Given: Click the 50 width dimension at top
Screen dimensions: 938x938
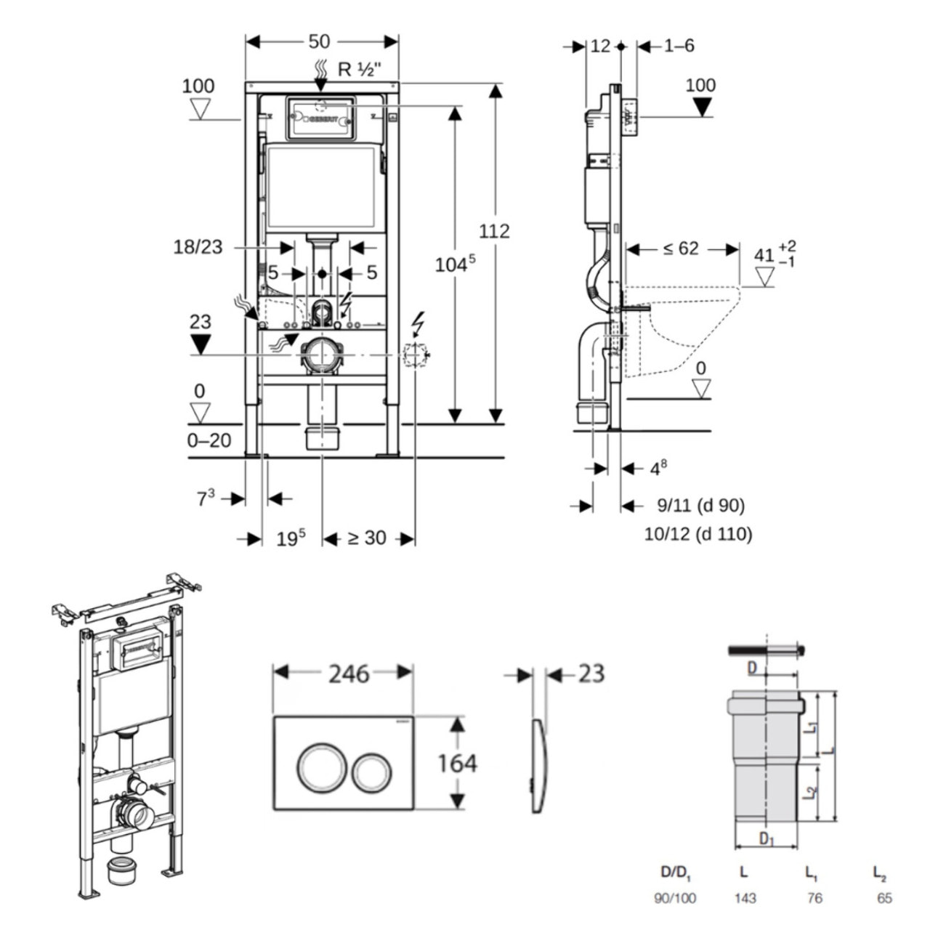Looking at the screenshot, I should (x=319, y=41).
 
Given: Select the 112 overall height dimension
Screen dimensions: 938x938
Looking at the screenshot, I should (x=494, y=231).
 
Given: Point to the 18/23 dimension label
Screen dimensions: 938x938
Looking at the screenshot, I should (x=198, y=247).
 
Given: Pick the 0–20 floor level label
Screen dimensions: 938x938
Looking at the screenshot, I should (x=209, y=440).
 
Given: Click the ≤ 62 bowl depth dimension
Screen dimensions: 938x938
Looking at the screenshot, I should (x=681, y=249).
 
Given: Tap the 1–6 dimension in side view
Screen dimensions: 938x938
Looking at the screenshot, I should (x=679, y=46).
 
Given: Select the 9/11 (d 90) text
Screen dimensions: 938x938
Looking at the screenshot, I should (x=700, y=505).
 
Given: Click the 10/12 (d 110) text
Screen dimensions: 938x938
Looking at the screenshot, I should (x=698, y=535).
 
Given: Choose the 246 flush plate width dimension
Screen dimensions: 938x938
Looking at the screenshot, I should (x=349, y=674).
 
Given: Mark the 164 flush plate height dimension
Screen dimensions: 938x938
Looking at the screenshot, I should (x=457, y=763).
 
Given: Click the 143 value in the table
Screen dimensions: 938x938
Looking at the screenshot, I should (x=745, y=898).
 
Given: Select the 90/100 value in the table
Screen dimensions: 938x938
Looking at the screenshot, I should (x=675, y=898).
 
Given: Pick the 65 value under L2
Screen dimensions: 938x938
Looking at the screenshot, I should (x=884, y=898).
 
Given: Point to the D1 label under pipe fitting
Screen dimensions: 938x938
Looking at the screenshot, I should (x=767, y=839).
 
